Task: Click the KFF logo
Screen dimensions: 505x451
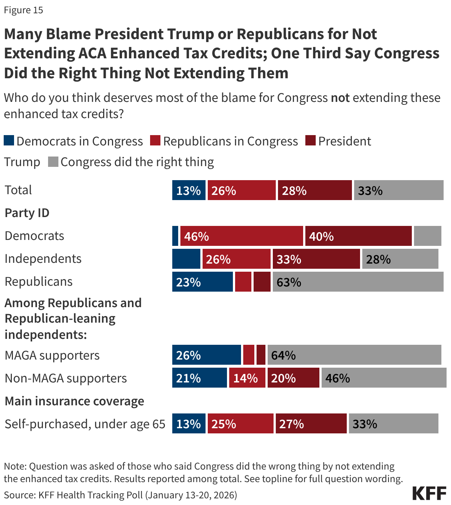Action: [429, 493]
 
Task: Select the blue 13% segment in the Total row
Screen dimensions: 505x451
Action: [189, 190]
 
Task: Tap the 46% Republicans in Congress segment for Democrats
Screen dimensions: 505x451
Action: [241, 236]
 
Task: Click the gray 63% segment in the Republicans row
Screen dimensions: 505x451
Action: [358, 282]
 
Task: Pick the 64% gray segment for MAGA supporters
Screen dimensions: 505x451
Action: [354, 355]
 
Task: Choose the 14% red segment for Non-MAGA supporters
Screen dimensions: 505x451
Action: [247, 378]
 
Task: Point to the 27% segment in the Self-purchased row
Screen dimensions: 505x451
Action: [311, 424]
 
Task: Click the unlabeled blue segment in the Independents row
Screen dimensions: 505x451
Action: [186, 259]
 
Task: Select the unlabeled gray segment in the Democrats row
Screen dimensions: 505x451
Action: [427, 236]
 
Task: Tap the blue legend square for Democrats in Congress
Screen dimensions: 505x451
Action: [9, 141]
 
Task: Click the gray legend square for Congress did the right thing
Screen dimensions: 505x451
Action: [53, 162]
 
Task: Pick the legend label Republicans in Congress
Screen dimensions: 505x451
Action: [230, 141]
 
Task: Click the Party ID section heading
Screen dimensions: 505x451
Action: [27, 213]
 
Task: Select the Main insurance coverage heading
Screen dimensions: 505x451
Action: [74, 401]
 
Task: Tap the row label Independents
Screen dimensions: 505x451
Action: [43, 259]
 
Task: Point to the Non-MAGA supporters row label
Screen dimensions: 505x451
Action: [66, 378]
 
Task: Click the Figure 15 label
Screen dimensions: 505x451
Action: [24, 10]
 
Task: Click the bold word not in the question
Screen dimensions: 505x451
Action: [340, 98]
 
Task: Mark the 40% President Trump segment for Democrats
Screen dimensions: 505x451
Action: [358, 236]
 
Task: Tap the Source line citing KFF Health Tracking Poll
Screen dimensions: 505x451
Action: [121, 495]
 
